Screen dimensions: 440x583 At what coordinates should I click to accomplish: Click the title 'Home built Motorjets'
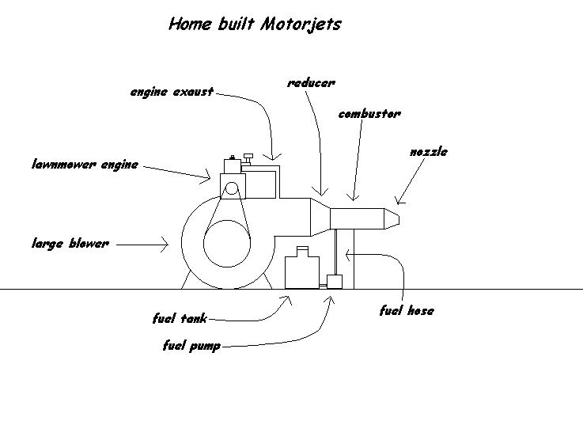coord(255,24)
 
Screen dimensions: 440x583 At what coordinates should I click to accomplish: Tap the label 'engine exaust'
coord(172,93)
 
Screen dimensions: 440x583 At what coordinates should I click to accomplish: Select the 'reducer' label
coord(310,83)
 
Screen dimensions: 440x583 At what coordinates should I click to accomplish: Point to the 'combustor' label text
coord(369,114)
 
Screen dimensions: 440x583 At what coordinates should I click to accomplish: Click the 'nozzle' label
coord(428,151)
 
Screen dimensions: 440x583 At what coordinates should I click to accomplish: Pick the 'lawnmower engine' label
coord(85,165)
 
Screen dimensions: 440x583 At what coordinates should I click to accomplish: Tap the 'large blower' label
coord(69,244)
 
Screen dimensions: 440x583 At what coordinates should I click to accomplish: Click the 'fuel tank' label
coord(180,319)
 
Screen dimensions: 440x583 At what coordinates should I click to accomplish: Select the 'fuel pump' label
coord(191,346)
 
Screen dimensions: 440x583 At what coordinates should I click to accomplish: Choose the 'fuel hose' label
coord(407,311)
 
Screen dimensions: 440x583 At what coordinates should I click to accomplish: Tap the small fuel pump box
coord(334,281)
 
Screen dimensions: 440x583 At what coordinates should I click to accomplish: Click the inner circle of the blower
coord(228,242)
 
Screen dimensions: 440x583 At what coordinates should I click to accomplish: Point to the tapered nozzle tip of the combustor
coord(391,219)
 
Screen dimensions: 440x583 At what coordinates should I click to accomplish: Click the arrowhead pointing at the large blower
coord(165,245)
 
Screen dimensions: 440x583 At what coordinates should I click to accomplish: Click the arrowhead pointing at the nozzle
coord(398,201)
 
